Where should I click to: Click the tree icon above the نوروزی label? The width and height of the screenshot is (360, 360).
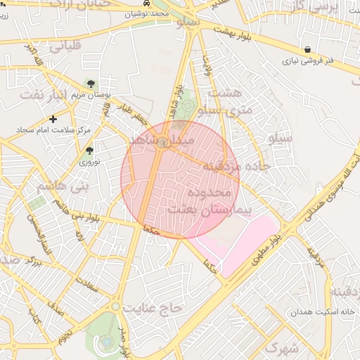tap(89, 150)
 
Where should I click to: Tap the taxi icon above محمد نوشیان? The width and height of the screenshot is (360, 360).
tap(146, 3)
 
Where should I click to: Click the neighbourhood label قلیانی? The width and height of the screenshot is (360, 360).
tap(65, 47)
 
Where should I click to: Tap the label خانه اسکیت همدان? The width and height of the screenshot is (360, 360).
tap(316, 311)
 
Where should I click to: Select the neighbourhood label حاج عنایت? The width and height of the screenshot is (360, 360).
tap(153, 308)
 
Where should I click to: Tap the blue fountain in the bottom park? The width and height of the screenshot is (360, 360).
tap(105, 342)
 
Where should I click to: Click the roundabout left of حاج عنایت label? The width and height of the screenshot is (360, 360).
tap(115, 307)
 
